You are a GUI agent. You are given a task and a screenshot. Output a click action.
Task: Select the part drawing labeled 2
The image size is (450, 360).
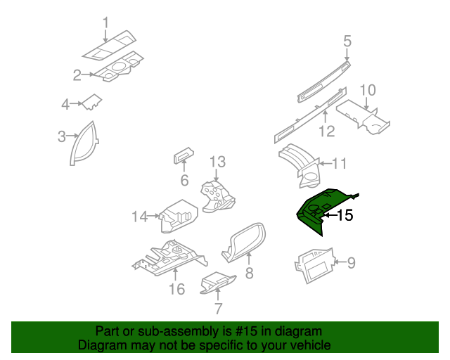(x=120, y=68)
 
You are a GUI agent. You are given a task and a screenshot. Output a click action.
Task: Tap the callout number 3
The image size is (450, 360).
(x=62, y=136)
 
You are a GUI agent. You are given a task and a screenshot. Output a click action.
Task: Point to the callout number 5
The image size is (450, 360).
(x=347, y=41)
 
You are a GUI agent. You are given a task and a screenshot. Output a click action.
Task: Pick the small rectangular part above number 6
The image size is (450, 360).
(x=184, y=157)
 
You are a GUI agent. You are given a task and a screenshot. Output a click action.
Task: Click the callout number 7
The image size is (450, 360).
(x=218, y=309)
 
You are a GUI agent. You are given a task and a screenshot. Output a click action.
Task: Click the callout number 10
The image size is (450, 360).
(x=368, y=90)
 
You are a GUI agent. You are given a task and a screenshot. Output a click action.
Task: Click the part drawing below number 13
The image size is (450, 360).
(x=219, y=195)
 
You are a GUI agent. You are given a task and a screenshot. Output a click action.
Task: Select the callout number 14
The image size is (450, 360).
(x=139, y=217)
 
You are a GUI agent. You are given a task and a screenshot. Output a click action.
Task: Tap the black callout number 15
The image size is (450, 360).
(x=345, y=216)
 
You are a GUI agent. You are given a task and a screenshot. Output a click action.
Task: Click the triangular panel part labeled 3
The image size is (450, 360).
(x=84, y=143)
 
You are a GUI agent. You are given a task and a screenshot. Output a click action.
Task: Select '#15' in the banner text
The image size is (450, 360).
(x=234, y=331)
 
